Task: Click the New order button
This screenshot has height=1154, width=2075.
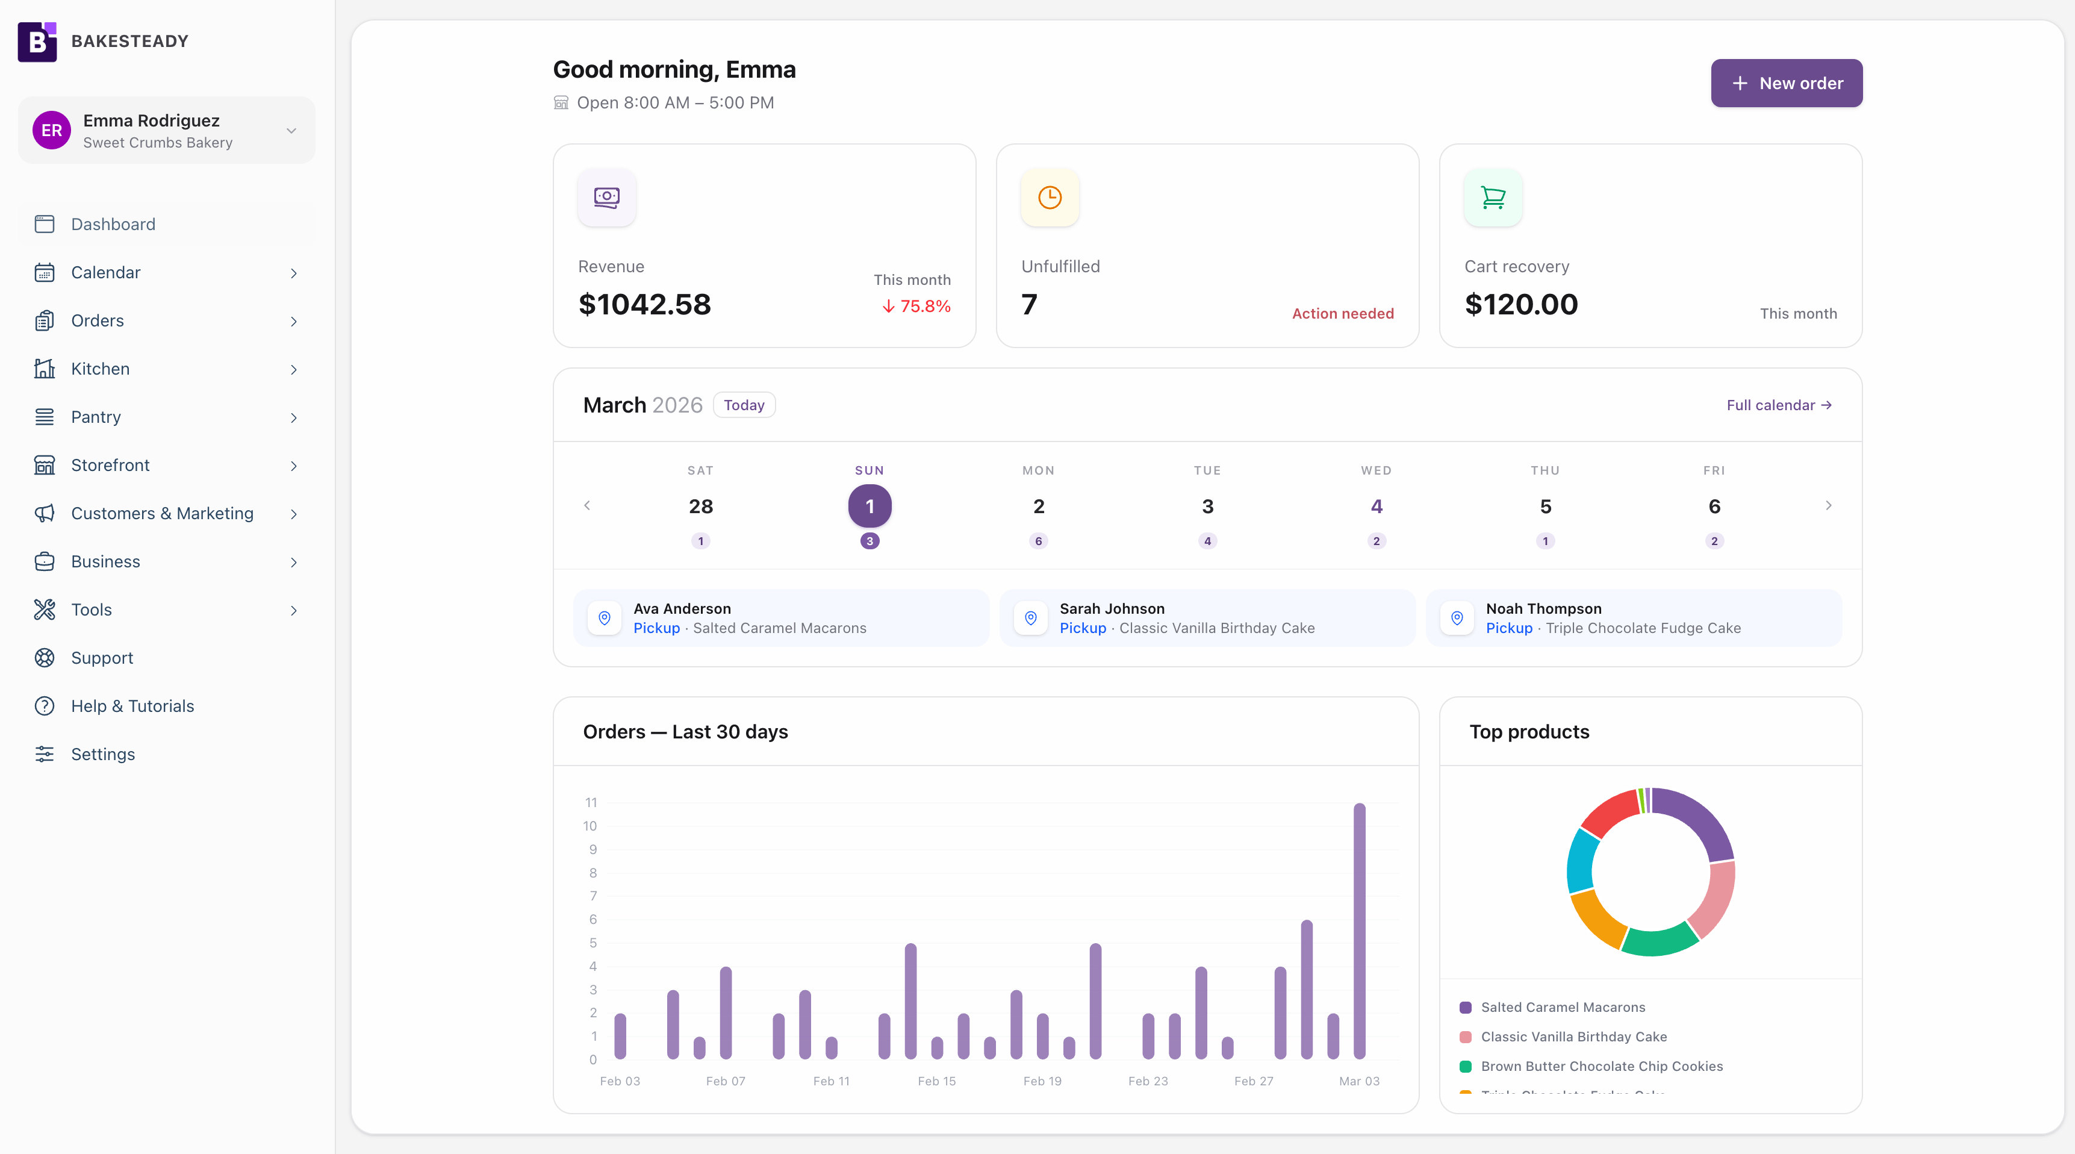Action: click(1786, 83)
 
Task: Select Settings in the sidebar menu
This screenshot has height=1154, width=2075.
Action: click(102, 754)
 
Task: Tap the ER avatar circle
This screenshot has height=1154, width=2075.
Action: click(52, 131)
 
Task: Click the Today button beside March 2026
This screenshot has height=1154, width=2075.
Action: click(744, 405)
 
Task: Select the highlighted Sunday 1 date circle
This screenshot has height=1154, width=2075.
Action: click(869, 506)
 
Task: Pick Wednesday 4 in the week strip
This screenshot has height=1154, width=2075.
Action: click(1376, 506)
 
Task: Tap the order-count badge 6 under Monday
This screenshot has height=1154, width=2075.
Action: click(1038, 541)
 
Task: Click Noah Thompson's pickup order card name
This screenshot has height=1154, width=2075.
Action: click(1543, 608)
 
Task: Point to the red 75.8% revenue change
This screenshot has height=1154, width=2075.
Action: click(916, 306)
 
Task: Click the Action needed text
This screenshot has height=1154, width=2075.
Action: click(1342, 313)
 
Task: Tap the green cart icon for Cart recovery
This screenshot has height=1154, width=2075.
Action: click(1493, 198)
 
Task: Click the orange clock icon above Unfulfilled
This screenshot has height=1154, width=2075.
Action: click(1050, 198)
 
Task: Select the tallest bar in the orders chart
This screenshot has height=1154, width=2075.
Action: click(1359, 930)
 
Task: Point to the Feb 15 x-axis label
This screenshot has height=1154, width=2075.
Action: click(936, 1081)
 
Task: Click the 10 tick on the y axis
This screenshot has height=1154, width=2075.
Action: click(590, 826)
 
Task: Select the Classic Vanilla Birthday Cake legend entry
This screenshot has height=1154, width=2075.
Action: click(1573, 1037)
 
